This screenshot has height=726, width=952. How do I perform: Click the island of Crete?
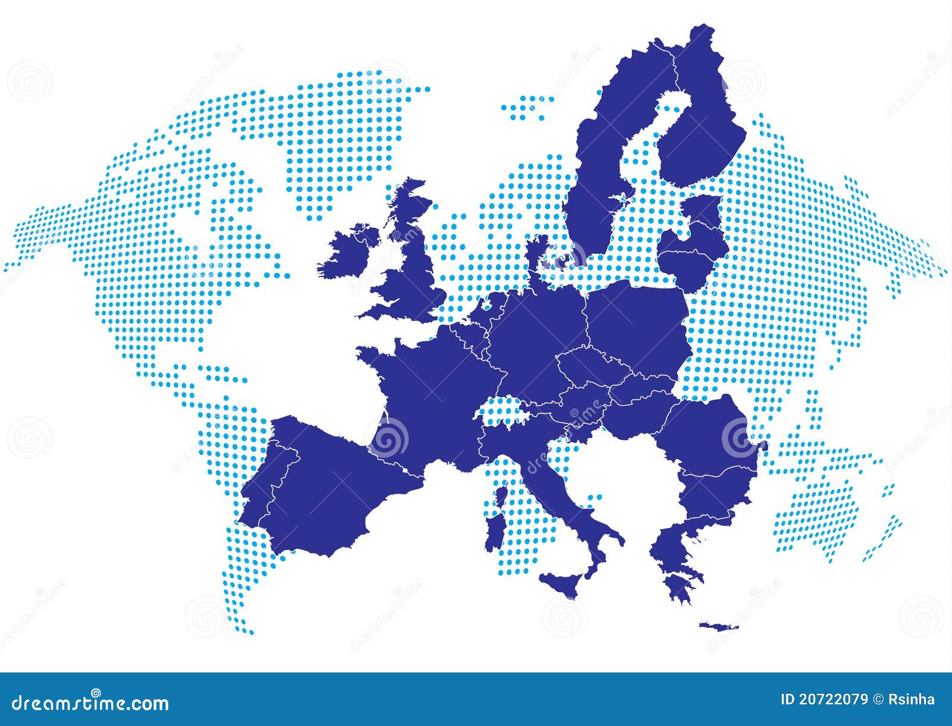coord(718,626)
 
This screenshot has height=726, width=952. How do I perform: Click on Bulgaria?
coord(714,494)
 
